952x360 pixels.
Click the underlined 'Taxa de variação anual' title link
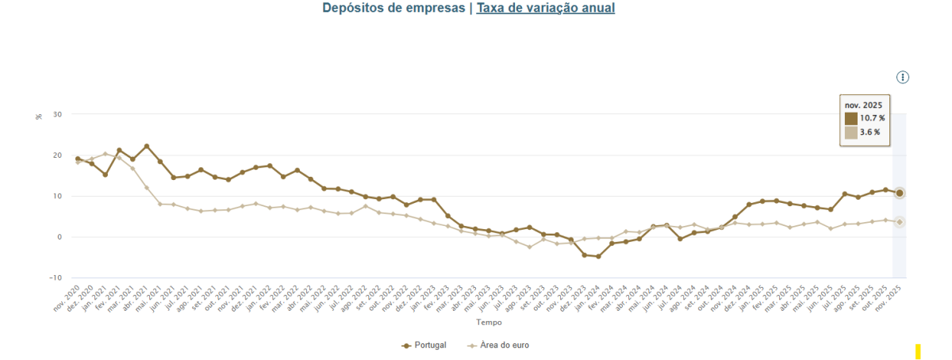[x=545, y=8]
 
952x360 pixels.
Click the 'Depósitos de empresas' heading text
[x=393, y=8]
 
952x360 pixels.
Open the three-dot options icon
[x=903, y=77]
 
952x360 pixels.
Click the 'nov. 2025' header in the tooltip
[x=863, y=105]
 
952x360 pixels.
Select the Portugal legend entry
[x=424, y=346]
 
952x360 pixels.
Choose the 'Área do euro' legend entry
[x=498, y=346]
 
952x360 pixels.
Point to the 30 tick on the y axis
[x=57, y=114]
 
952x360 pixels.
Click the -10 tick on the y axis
[x=56, y=278]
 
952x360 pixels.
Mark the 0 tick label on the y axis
[x=59, y=237]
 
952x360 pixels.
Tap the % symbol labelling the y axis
[x=38, y=117]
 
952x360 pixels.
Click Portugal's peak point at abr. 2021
[x=147, y=147]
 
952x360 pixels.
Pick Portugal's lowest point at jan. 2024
[x=598, y=256]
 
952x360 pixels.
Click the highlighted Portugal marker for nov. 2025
[x=900, y=193]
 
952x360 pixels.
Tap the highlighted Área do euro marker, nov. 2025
[x=900, y=222]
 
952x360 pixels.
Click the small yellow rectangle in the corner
[x=918, y=351]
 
